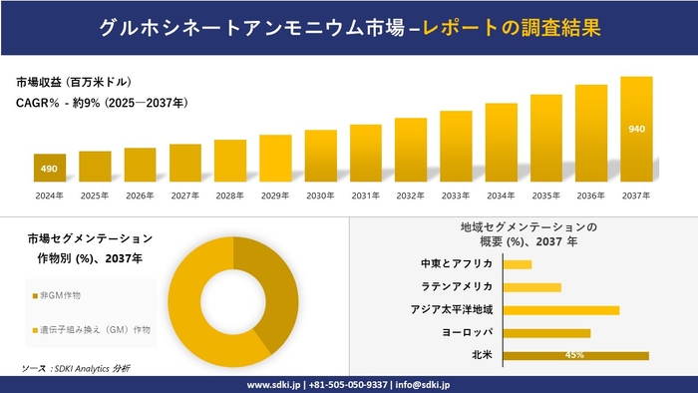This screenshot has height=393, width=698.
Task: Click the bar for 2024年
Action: (x=50, y=168)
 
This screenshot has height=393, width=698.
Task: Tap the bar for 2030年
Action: (x=320, y=156)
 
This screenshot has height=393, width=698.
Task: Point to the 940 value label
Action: (x=636, y=130)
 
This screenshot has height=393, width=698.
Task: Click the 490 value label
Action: (x=50, y=168)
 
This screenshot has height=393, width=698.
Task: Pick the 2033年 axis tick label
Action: (x=456, y=196)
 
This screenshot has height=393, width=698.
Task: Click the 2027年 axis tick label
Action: (x=185, y=196)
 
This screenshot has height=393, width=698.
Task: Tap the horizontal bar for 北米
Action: (x=576, y=355)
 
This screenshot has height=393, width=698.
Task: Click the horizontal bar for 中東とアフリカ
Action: (x=518, y=263)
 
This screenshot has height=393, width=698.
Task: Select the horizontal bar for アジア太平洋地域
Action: (x=561, y=309)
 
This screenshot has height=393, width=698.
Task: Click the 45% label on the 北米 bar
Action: (x=574, y=355)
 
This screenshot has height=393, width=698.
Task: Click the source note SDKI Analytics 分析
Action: (x=75, y=369)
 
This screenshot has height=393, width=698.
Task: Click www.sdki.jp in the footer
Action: (x=275, y=383)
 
